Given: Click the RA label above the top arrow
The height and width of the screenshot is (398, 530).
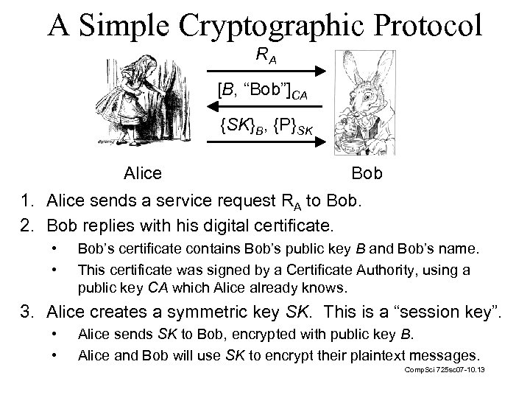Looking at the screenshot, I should pyautogui.click(x=265, y=54).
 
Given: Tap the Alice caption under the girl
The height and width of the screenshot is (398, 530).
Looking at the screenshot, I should pyautogui.click(x=144, y=174).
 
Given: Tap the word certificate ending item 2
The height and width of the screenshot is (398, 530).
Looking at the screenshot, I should pyautogui.click(x=292, y=223).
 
